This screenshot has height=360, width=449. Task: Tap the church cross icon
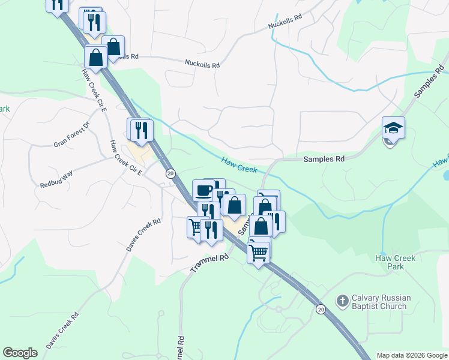point(342,301)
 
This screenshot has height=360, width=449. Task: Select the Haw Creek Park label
point(395,262)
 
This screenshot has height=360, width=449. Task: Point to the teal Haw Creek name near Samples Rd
point(239,165)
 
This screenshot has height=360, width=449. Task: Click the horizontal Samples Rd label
point(324,159)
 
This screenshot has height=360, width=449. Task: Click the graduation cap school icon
point(393,128)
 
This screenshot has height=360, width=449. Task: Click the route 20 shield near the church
point(321,309)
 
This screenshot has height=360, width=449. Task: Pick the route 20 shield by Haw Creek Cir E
point(171,173)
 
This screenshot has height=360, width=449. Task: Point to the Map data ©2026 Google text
point(411,355)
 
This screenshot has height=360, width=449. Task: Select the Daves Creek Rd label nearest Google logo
point(62,331)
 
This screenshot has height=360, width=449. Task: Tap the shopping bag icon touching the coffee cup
point(235,205)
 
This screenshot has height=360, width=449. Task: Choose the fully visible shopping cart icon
point(259,252)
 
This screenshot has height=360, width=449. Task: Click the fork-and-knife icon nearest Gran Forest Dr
point(142,130)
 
